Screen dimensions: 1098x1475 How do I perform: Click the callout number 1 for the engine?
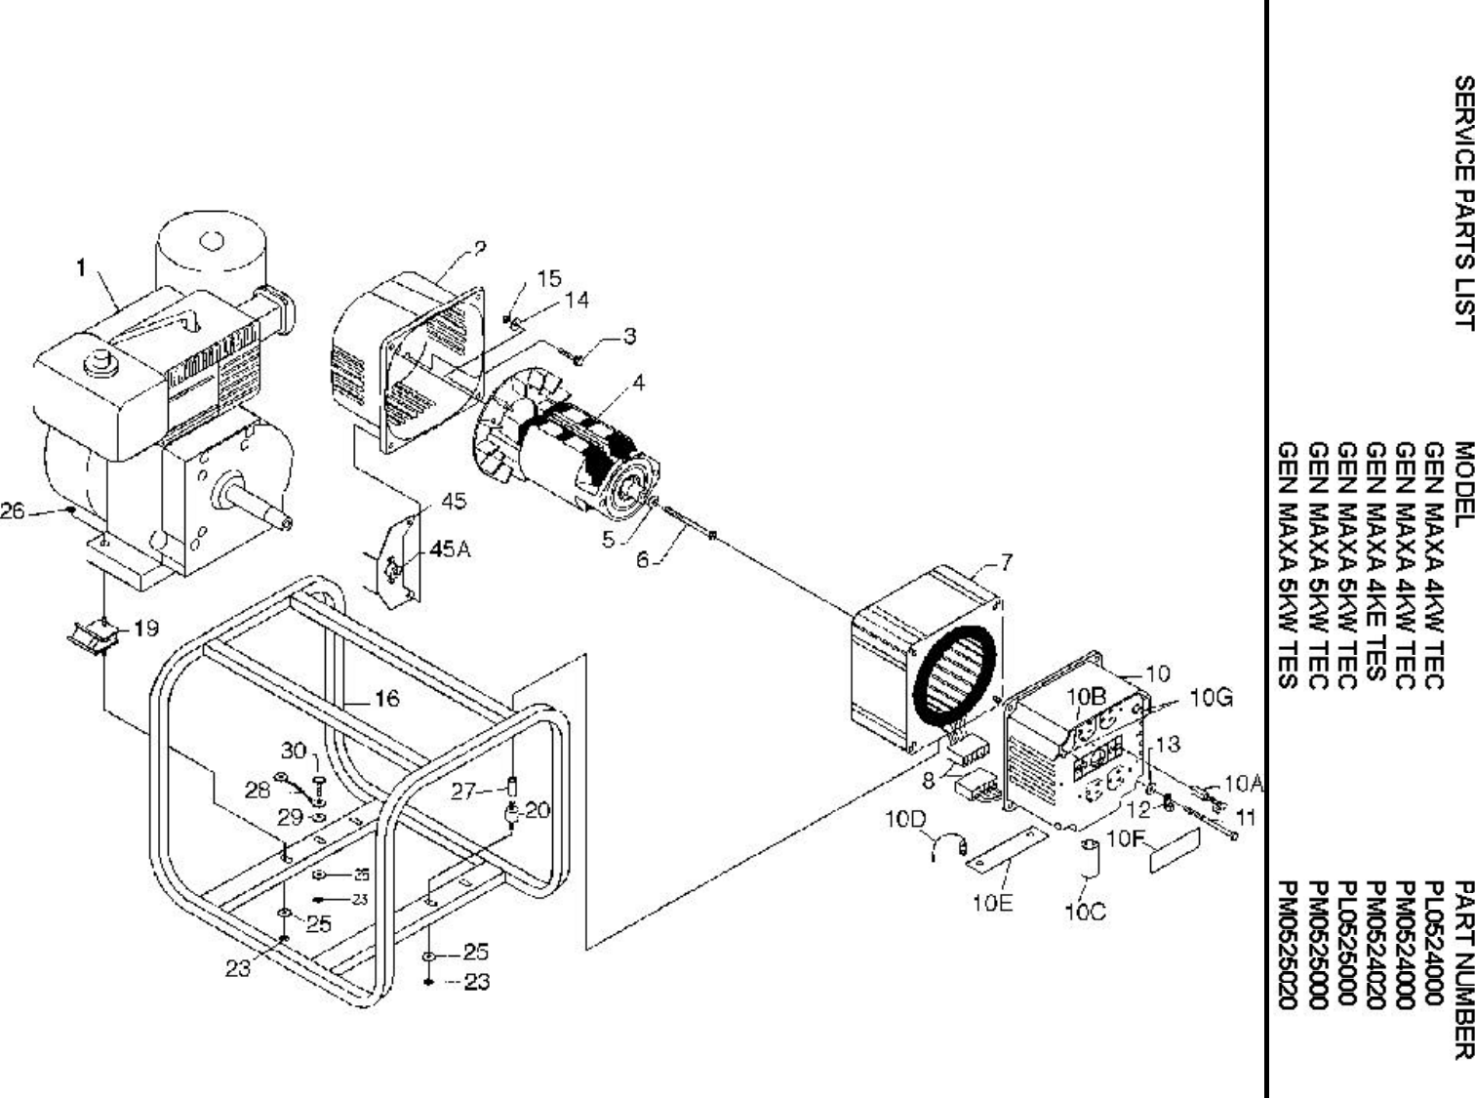point(82,266)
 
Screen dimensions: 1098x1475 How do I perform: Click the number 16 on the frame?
point(386,698)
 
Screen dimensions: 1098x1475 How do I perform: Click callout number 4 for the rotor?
point(638,384)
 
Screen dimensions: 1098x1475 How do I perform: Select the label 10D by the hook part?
point(904,819)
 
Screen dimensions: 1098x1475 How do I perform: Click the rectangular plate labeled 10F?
point(1176,850)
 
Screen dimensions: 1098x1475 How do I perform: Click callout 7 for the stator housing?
point(1007,562)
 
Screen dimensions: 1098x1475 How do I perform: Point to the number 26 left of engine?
point(13,510)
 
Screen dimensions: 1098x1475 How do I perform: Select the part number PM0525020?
point(1289,944)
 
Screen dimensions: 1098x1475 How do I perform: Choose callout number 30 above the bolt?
point(294,751)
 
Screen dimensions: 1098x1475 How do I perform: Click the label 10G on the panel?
point(1212,698)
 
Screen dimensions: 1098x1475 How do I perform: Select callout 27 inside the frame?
point(463,791)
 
